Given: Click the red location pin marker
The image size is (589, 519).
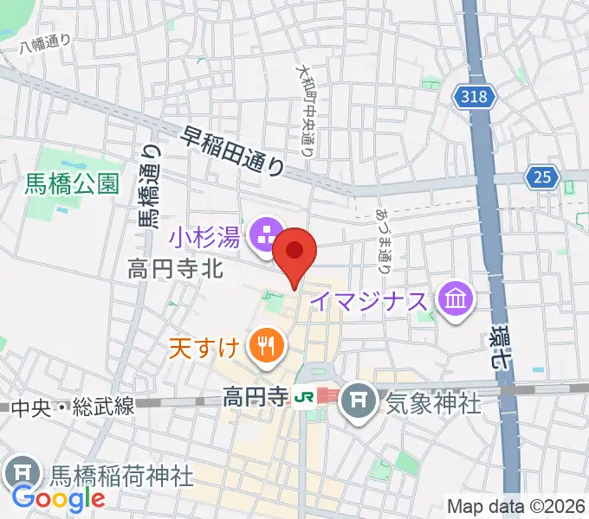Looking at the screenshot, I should coord(294,252).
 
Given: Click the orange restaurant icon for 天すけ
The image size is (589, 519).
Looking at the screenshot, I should coord(263,348).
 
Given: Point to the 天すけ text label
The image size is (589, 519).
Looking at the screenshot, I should coord(204,349).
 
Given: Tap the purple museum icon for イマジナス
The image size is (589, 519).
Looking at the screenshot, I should coord(455,300).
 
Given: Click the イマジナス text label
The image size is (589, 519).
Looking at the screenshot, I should coord(370,302).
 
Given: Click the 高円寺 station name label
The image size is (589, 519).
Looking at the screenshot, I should coord(256,399).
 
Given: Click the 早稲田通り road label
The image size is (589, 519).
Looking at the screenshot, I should coord(234,150).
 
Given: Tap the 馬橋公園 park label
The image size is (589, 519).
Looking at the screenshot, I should coord(71,183).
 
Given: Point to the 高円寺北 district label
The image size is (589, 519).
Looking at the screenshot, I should coord(175,269).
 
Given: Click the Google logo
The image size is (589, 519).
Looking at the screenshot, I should coord(59,497).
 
